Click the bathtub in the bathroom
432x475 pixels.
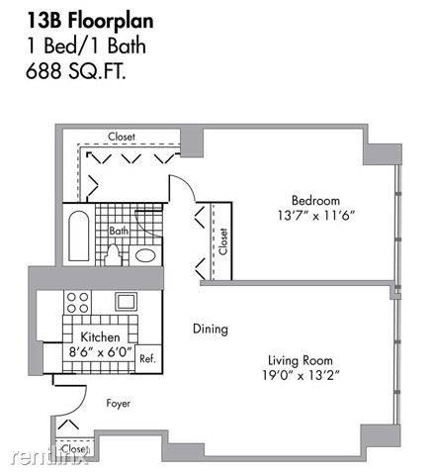(79, 236)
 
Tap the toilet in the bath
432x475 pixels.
(113, 255)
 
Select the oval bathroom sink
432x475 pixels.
(145, 255)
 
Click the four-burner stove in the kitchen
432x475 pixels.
(77, 303)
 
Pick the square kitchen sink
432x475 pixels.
(126, 301)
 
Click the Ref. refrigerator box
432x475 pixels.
(147, 359)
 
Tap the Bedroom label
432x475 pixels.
(315, 201)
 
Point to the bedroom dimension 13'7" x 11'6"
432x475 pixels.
(315, 216)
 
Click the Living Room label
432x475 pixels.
(301, 360)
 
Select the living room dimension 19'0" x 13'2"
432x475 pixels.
(301, 375)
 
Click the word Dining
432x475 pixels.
(211, 330)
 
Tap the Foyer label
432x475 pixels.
(118, 404)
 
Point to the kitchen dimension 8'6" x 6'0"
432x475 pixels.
(101, 351)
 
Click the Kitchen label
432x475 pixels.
(100, 337)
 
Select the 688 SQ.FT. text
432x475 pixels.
(76, 70)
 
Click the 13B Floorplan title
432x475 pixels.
(90, 21)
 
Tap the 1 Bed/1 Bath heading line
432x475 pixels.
(86, 46)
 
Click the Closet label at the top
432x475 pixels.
(122, 137)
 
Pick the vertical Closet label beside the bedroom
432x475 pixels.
(223, 241)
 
